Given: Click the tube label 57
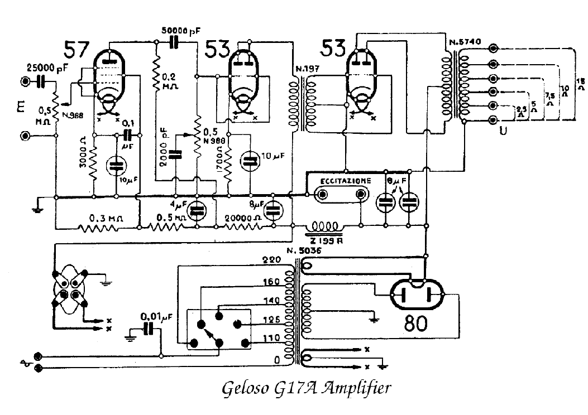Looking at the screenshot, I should (x=76, y=50).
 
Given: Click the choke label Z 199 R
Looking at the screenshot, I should (x=324, y=240).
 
